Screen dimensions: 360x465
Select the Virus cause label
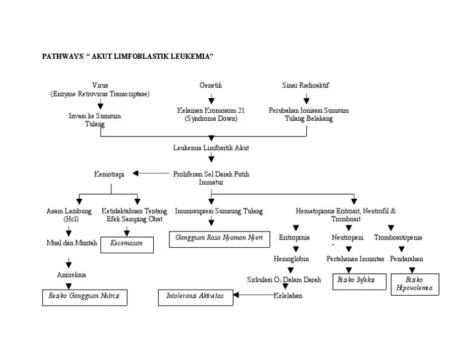click(100, 85)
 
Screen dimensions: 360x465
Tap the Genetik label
click(211, 85)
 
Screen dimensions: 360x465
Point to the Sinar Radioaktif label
click(306, 85)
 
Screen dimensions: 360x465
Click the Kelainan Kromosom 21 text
click(211, 111)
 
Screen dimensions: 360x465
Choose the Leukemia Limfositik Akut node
click(211, 147)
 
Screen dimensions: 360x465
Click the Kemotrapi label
click(109, 174)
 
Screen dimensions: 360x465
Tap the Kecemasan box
click(127, 244)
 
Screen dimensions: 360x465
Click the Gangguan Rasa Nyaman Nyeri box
click(219, 238)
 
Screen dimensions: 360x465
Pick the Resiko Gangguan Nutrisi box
click(84, 297)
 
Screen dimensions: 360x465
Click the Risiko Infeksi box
click(359, 281)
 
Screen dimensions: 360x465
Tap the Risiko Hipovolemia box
click(415, 284)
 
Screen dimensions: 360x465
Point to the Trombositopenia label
click(398, 238)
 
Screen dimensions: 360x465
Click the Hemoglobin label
click(291, 259)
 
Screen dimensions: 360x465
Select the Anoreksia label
click(71, 275)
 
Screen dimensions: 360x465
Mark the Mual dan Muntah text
click(71, 243)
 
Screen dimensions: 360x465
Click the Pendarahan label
click(406, 259)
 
